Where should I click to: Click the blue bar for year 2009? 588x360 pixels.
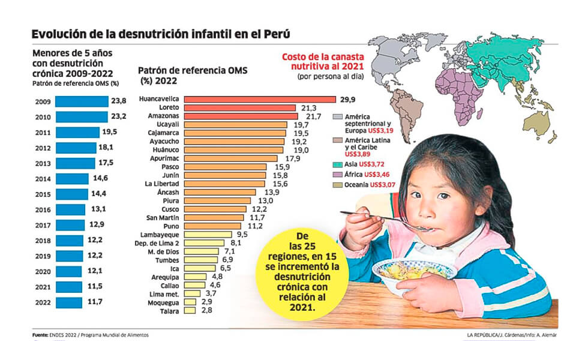[x=82, y=101]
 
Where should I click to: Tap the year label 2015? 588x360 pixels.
[x=43, y=194]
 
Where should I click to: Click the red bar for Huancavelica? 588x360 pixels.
[x=259, y=99]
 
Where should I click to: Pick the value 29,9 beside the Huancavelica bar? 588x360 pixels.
[x=348, y=99]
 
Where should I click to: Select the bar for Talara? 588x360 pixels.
[x=190, y=311]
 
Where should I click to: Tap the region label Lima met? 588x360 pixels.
[x=166, y=294]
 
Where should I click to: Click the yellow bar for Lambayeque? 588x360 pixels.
[x=208, y=235]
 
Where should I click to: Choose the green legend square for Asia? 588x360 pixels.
[x=340, y=164]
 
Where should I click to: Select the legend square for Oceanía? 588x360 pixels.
[x=340, y=185]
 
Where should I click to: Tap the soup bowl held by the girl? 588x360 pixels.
[x=413, y=273]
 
